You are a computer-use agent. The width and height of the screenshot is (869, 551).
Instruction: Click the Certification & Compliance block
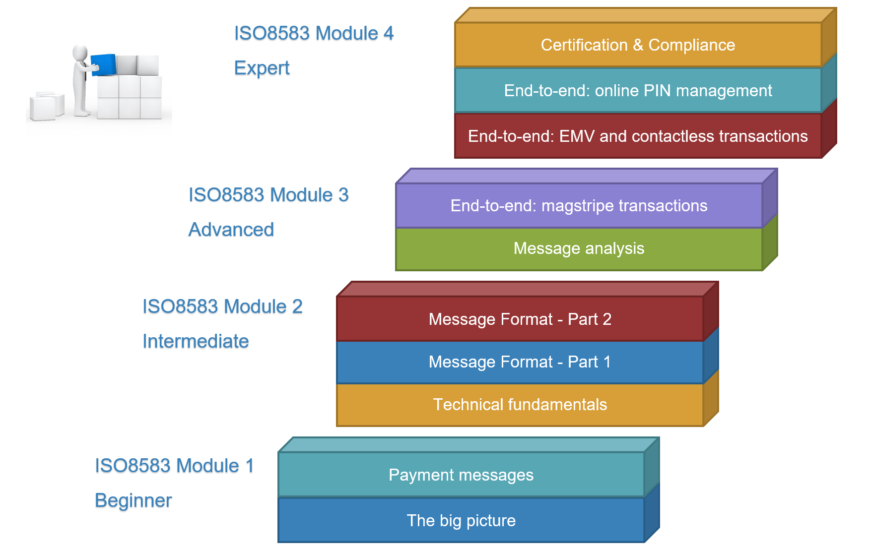coord(638,45)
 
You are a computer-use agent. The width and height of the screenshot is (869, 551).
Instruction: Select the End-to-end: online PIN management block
coord(638,90)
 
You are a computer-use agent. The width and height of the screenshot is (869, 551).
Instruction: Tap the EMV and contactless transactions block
coord(638,136)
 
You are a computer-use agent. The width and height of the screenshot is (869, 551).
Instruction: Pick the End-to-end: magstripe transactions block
coord(579,205)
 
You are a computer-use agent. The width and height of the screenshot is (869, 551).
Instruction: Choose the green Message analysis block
coord(579,248)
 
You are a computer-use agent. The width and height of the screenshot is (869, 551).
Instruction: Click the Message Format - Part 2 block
coord(520,319)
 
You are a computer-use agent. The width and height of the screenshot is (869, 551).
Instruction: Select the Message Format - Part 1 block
coord(520,362)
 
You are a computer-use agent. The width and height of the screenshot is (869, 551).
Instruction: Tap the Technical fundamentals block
coord(520,405)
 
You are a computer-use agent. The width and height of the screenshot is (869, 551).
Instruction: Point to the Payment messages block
coord(461,475)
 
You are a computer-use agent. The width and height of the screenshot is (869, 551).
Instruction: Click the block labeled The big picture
coord(461,520)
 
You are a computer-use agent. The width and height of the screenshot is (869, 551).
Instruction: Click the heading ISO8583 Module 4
coord(314,33)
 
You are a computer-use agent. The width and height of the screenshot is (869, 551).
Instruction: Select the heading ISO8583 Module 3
coord(268,195)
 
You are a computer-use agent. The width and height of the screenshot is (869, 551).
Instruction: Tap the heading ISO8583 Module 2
coord(222,306)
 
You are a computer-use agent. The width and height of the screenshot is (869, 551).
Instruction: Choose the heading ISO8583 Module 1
coord(174,466)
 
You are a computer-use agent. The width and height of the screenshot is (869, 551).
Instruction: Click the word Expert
coord(262,68)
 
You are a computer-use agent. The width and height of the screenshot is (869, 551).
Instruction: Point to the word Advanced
coord(231,230)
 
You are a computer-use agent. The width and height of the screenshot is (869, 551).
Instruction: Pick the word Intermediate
coord(196,341)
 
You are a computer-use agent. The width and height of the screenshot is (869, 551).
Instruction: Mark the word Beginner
coord(133,500)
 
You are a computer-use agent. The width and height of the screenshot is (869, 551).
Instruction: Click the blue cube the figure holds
coord(104,64)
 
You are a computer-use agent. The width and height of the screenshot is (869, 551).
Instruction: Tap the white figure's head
coord(80,53)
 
